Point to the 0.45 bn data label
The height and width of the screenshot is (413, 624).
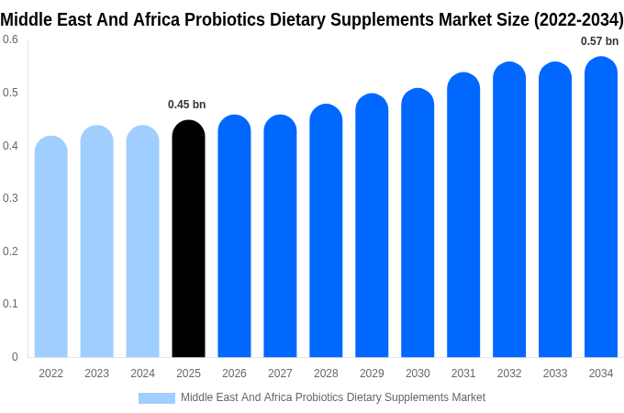pyautogui.click(x=186, y=105)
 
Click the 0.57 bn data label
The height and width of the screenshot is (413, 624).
pyautogui.click(x=599, y=41)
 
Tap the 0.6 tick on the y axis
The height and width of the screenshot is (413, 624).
pyautogui.click(x=10, y=39)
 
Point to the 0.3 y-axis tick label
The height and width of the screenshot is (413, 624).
pyautogui.click(x=10, y=198)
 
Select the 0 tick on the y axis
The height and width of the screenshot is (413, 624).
pyautogui.click(x=15, y=357)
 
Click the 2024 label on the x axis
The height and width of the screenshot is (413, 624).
pyautogui.click(x=142, y=374)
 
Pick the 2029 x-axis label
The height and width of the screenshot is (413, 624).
pyautogui.click(x=372, y=374)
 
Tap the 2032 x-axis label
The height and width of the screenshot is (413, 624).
pyautogui.click(x=509, y=374)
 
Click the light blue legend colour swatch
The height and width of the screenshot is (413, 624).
pyautogui.click(x=157, y=397)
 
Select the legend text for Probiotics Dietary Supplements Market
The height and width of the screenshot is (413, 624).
pyautogui.click(x=332, y=397)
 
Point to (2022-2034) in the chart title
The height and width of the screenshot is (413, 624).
pyautogui.click(x=579, y=19)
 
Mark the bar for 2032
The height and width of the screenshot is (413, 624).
pyautogui.click(x=509, y=210)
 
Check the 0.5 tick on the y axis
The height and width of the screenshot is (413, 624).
pyautogui.click(x=10, y=93)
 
